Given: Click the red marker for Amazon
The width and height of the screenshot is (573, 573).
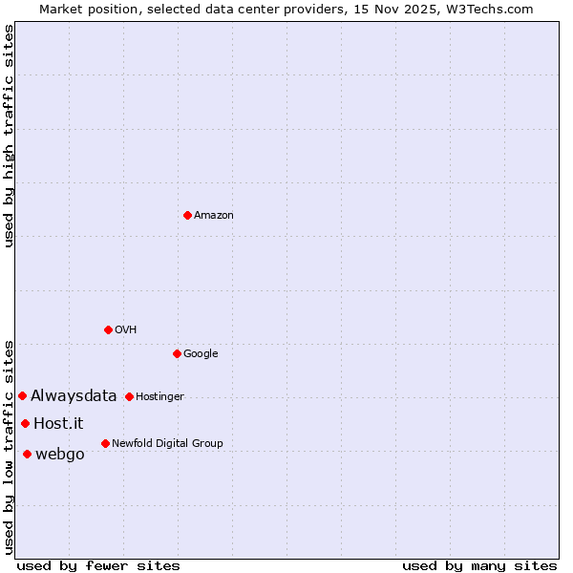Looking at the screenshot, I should (187, 215).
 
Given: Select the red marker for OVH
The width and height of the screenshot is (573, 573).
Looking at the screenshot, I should (108, 329).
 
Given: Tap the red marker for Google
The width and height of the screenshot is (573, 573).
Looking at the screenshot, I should (177, 353).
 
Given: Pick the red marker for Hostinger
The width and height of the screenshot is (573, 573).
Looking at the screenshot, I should (129, 396).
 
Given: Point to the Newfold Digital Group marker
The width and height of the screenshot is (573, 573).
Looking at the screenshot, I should (105, 443).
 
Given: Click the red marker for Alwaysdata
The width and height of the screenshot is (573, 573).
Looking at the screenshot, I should (22, 395).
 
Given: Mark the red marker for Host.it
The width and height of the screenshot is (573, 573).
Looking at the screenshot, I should (25, 423).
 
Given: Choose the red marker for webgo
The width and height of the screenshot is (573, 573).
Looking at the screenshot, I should (27, 454).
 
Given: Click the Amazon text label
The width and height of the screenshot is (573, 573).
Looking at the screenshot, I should (213, 216).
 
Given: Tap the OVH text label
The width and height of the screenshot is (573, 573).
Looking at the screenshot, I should (125, 330).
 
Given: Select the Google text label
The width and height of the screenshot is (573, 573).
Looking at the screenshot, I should (201, 354).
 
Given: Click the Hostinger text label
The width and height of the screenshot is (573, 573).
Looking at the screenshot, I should (159, 397).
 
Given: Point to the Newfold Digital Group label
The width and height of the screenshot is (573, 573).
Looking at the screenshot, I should (167, 444).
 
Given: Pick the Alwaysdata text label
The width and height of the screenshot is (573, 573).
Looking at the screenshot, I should (74, 396).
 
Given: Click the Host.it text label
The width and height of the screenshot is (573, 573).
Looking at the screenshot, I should (58, 424).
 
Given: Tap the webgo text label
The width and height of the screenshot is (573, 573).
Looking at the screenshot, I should (59, 455).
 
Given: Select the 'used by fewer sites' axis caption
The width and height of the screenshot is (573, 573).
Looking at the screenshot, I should (97, 565).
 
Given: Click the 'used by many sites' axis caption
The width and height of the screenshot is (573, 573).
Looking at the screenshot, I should (479, 565).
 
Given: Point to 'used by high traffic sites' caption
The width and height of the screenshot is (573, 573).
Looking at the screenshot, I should (9, 136).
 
